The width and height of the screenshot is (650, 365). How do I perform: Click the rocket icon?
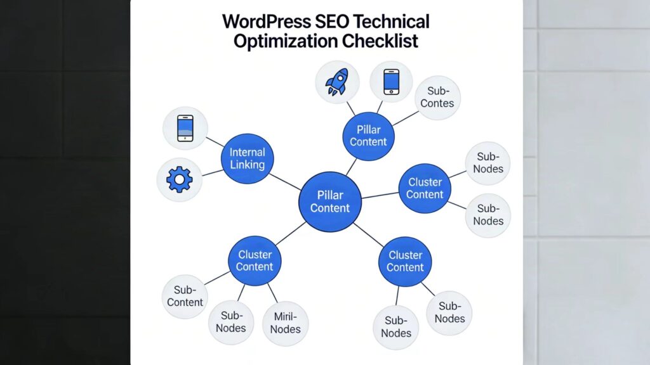click(337, 82)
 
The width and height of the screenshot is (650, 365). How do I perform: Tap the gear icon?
click(179, 180)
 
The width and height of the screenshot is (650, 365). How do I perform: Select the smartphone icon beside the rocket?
click(391, 82)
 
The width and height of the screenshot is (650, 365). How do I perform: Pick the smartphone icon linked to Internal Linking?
click(185, 128)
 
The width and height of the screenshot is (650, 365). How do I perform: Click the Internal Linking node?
click(247, 159)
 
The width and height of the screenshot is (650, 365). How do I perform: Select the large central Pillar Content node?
click(329, 202)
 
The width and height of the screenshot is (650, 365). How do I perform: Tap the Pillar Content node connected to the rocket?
click(368, 136)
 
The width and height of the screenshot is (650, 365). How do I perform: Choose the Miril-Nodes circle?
click(285, 323)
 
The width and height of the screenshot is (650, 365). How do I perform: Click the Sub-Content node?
click(185, 297)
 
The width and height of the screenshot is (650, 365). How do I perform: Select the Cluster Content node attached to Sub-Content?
click(255, 260)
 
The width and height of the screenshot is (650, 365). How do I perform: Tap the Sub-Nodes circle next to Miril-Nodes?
click(230, 322)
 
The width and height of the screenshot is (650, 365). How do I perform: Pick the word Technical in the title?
click(392, 22)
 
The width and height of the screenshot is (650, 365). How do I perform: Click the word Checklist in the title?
click(381, 42)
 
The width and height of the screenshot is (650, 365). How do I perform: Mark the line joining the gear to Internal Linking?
click(211, 172)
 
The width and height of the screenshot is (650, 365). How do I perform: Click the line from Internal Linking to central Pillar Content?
click(285, 181)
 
